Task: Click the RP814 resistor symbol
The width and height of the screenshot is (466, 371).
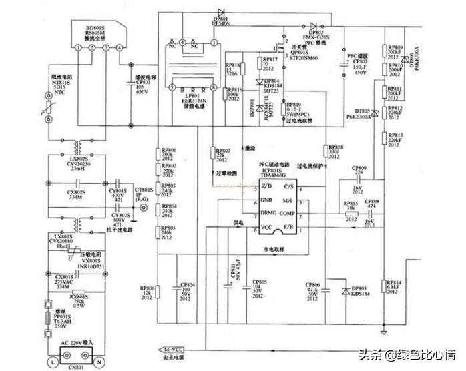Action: coord(384,286)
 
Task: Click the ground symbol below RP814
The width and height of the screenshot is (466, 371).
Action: coord(384,330)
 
